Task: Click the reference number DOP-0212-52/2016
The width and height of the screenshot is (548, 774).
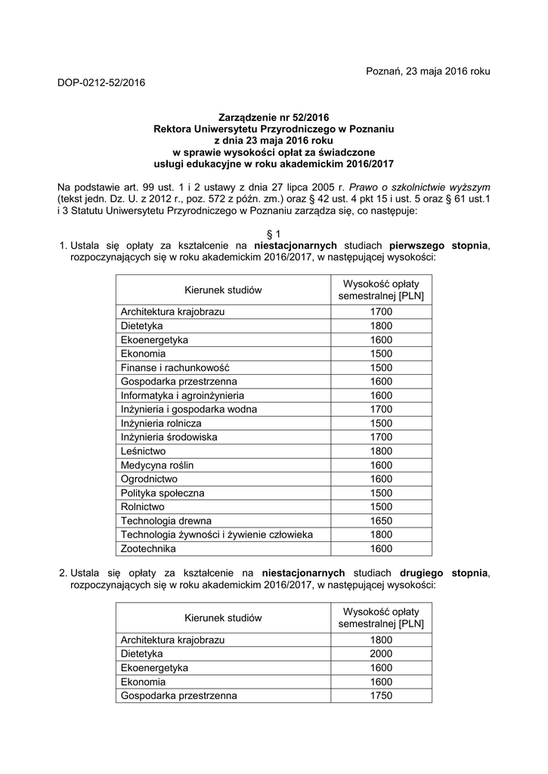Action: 101,82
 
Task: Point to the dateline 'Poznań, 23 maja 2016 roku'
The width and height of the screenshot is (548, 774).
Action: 428,71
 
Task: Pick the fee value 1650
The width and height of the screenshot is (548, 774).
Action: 381,521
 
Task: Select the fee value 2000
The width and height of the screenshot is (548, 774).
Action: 381,654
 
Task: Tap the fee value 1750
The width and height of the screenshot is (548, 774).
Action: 381,695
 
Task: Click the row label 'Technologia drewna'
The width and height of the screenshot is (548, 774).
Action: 166,521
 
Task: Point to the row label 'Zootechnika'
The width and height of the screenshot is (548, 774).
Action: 148,549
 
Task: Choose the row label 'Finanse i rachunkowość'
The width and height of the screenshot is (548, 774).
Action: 175,367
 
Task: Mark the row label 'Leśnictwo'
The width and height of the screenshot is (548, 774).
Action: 145,451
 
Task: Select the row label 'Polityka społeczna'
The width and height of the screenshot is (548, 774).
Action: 163,493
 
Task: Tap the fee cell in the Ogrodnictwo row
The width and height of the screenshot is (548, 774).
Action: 381,479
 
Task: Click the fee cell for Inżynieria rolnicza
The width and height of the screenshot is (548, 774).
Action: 381,423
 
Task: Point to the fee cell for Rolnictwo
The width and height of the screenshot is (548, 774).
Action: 381,506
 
